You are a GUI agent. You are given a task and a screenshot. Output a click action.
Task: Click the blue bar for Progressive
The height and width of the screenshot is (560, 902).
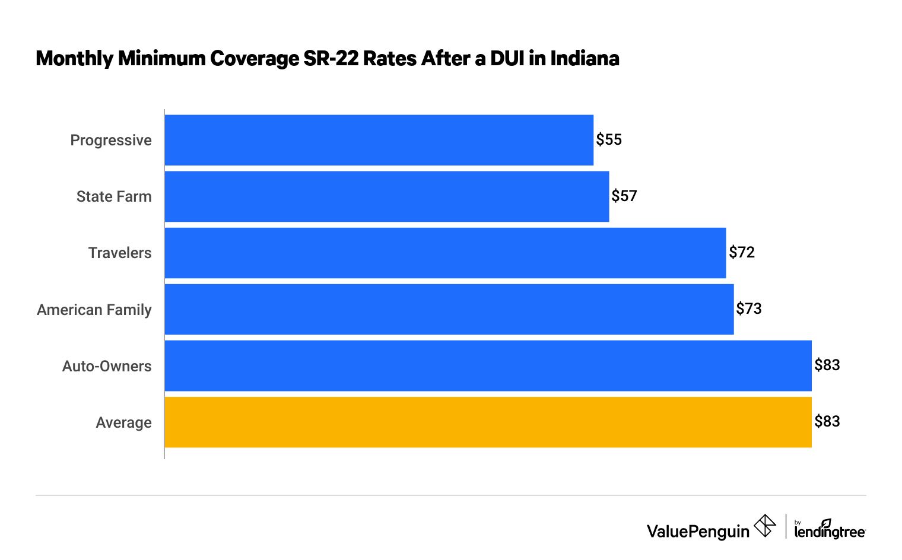pyautogui.click(x=379, y=140)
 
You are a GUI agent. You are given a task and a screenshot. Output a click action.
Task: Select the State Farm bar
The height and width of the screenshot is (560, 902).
pyautogui.click(x=386, y=196)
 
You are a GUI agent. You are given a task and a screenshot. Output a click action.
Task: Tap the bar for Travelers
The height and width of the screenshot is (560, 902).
pyautogui.click(x=445, y=253)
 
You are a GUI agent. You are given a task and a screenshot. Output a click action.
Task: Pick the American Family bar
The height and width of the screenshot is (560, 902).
pyautogui.click(x=449, y=309)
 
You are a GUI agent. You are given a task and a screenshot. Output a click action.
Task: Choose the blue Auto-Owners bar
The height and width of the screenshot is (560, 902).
pyautogui.click(x=488, y=365)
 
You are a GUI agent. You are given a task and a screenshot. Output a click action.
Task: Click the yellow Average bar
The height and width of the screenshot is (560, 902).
pyautogui.click(x=488, y=422)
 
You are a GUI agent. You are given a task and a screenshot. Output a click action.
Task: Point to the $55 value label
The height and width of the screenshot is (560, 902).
pyautogui.click(x=609, y=139)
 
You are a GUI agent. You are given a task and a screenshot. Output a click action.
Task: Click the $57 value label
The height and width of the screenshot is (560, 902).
pyautogui.click(x=624, y=196)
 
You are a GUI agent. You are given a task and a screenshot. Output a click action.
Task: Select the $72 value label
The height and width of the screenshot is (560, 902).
pyautogui.click(x=742, y=252)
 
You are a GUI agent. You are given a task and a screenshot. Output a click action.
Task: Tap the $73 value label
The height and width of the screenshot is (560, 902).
pyautogui.click(x=749, y=308)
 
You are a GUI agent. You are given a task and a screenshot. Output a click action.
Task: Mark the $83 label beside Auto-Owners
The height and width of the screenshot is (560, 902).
pyautogui.click(x=827, y=365)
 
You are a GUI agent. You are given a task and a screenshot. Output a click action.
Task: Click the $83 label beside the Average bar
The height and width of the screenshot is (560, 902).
pyautogui.click(x=827, y=421)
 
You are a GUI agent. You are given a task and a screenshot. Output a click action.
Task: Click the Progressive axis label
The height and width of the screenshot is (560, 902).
pyautogui.click(x=111, y=141)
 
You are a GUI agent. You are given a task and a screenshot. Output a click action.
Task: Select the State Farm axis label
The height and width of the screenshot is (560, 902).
pyautogui.click(x=114, y=196)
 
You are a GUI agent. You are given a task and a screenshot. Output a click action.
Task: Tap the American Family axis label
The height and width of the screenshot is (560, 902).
pyautogui.click(x=94, y=310)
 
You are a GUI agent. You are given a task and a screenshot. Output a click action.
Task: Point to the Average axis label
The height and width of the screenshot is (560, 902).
pyautogui.click(x=123, y=422)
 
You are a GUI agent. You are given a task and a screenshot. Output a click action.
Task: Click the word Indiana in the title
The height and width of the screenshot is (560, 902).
pyautogui.click(x=585, y=58)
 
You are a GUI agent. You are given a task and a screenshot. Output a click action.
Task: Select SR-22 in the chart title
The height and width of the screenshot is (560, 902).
pyautogui.click(x=331, y=58)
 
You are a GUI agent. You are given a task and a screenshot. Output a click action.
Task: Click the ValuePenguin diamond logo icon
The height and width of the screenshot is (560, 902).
pyautogui.click(x=765, y=526)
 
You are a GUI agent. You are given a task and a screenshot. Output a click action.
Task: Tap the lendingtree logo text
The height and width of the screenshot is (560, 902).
pyautogui.click(x=830, y=531)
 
